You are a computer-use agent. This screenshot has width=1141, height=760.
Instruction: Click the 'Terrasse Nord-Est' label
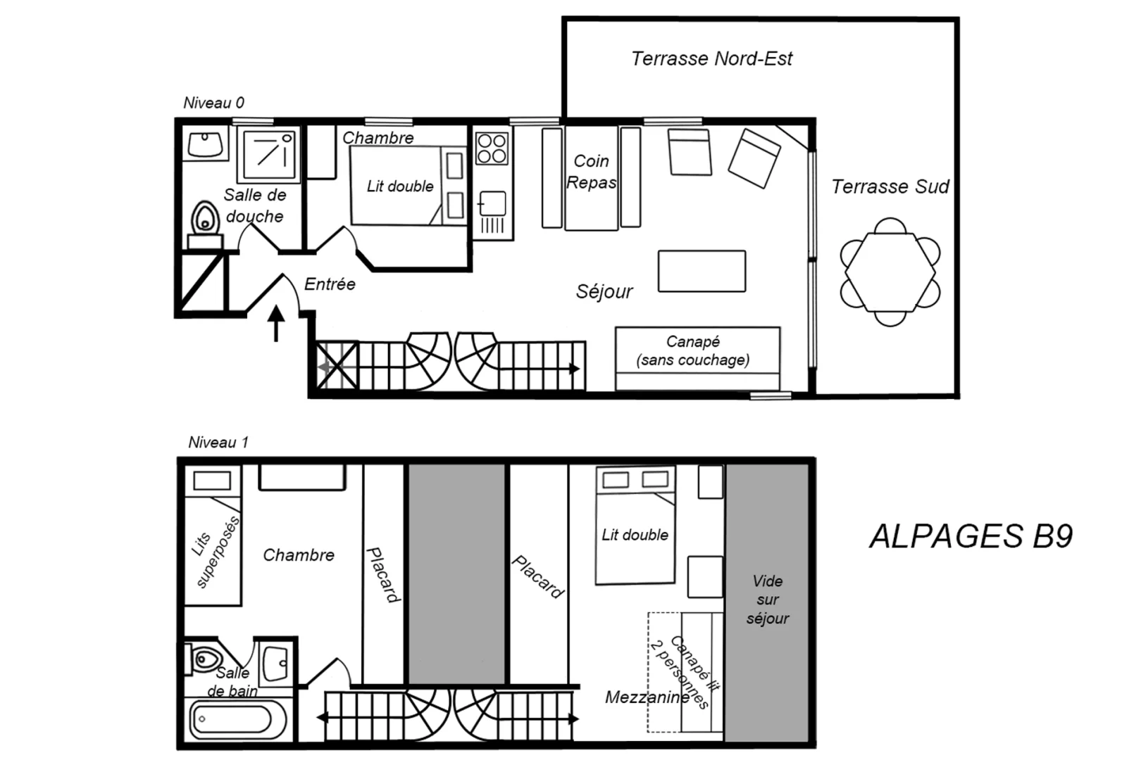(x=711, y=58)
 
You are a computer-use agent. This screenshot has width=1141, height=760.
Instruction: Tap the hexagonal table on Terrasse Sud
(x=890, y=272)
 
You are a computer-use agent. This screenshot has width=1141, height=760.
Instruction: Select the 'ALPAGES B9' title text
(x=971, y=536)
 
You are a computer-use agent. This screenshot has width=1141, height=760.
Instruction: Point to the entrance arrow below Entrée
(x=276, y=323)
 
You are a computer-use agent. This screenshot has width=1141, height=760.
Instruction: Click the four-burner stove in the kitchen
(x=492, y=148)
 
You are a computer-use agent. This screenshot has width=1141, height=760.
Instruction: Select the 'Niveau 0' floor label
(x=214, y=103)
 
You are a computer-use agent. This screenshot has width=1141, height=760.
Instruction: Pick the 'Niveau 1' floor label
(x=218, y=443)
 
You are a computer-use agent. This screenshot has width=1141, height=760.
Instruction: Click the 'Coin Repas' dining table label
(x=592, y=172)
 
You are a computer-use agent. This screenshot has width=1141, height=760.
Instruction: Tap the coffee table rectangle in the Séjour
(x=702, y=272)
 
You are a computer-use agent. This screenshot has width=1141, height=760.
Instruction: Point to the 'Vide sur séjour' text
(x=768, y=600)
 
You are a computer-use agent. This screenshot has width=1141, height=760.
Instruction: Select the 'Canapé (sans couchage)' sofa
(x=697, y=358)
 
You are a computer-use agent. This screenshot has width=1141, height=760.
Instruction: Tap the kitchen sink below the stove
(x=492, y=203)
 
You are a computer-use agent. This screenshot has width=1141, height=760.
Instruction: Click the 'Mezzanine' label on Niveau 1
(x=647, y=697)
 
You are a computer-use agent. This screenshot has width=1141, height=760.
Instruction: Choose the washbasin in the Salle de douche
(x=205, y=144)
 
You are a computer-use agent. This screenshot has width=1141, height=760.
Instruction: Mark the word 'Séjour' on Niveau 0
(x=604, y=291)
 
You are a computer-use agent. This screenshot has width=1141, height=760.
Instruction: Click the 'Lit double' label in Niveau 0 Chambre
(x=400, y=186)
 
